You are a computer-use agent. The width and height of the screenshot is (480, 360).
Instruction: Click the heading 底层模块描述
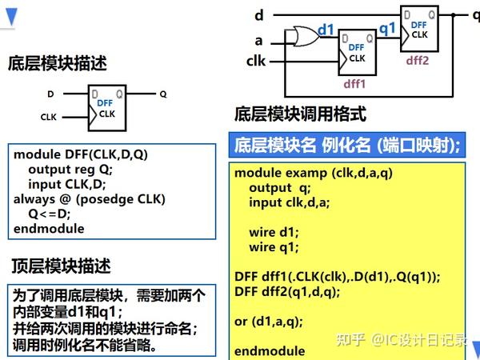(x=57, y=62)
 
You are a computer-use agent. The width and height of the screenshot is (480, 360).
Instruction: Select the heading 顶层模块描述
(x=60, y=265)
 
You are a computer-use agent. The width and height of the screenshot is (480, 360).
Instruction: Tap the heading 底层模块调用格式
(x=300, y=114)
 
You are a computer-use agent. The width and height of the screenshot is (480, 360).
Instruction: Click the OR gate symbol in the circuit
(x=304, y=36)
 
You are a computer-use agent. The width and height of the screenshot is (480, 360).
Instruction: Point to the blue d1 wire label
(x=326, y=30)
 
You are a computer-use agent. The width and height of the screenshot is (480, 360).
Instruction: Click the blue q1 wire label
(x=387, y=27)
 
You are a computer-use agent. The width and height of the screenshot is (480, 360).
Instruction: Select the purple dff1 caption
(x=354, y=82)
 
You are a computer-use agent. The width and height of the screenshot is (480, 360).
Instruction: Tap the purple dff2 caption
(x=418, y=60)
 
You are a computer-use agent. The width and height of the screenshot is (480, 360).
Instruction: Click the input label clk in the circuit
(x=256, y=60)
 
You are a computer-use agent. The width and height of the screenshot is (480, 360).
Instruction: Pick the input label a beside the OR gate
(x=258, y=40)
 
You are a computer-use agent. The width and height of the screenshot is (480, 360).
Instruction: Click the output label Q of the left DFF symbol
(x=163, y=94)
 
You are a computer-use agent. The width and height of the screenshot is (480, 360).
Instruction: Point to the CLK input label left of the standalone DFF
(x=49, y=117)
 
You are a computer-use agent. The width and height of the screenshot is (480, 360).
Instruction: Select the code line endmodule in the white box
(x=49, y=229)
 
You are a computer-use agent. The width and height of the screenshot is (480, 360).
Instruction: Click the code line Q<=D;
(x=50, y=214)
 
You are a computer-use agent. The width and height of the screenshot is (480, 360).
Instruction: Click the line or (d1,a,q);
(x=269, y=322)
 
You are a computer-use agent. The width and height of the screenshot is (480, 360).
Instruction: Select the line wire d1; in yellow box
(x=273, y=233)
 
